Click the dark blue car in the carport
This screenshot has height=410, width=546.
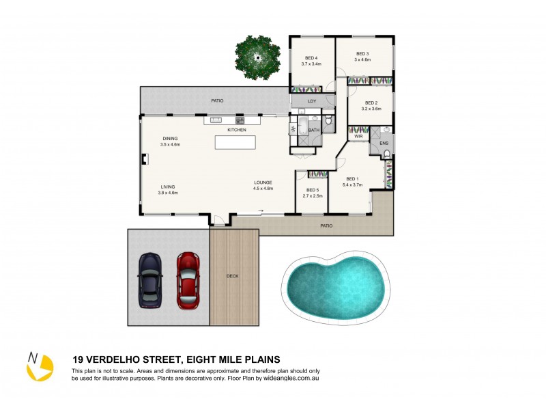pyautogui.click(x=149, y=281)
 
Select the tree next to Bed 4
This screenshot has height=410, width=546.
pyautogui.click(x=258, y=57)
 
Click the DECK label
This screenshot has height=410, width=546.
pyautogui.click(x=233, y=276)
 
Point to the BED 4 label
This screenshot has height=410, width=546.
pyautogui.click(x=311, y=58)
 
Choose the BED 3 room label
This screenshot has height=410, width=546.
pyautogui.click(x=362, y=54)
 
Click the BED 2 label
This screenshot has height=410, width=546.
pyautogui.click(x=371, y=102)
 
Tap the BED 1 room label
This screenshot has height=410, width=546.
pyautogui.click(x=352, y=179)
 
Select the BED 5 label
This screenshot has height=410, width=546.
pyautogui.click(x=313, y=190)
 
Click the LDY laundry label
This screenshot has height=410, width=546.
pyautogui.click(x=312, y=102)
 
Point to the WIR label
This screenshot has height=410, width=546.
pyautogui.click(x=358, y=137)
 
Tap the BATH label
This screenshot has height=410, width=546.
pyautogui.click(x=314, y=130)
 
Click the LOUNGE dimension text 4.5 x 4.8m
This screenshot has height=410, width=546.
pyautogui.click(x=263, y=189)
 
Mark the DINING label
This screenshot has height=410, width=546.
pyautogui.click(x=170, y=139)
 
